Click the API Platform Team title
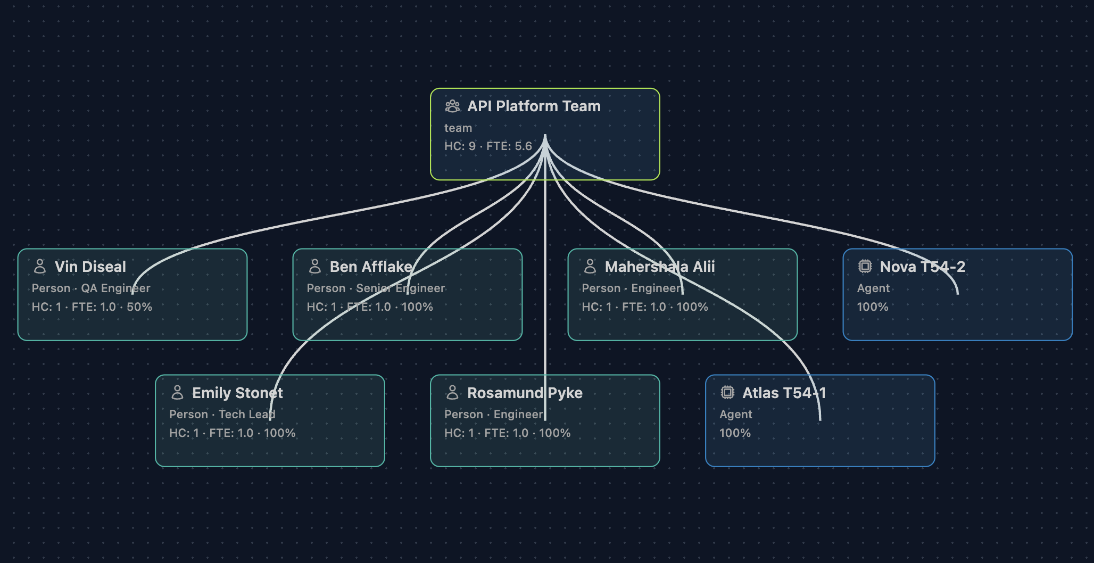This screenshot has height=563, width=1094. (x=534, y=106)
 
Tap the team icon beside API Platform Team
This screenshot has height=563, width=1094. (x=452, y=106)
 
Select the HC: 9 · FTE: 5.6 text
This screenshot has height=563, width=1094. (x=488, y=146)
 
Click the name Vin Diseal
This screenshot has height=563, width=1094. (x=90, y=267)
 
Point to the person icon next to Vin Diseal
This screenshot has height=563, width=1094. (x=40, y=266)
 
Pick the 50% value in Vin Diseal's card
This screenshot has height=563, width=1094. (x=139, y=307)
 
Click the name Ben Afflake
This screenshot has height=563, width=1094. (x=371, y=267)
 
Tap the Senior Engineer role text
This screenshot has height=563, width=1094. (x=400, y=288)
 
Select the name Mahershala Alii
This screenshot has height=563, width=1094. (x=660, y=267)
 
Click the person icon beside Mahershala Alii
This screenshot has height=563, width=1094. (x=590, y=266)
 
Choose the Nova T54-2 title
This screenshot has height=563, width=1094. (x=923, y=267)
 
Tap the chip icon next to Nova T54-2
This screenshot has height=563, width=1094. (x=865, y=266)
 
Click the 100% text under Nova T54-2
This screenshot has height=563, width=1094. (x=873, y=307)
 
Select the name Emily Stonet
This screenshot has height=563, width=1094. (x=237, y=393)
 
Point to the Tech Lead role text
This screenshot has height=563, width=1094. (x=247, y=415)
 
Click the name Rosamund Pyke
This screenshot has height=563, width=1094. (x=525, y=393)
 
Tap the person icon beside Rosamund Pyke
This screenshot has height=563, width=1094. (x=452, y=392)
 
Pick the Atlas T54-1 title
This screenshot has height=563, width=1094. (x=784, y=393)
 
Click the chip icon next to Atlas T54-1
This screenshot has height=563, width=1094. (x=727, y=392)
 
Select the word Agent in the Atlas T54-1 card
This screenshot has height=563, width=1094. (x=736, y=415)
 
